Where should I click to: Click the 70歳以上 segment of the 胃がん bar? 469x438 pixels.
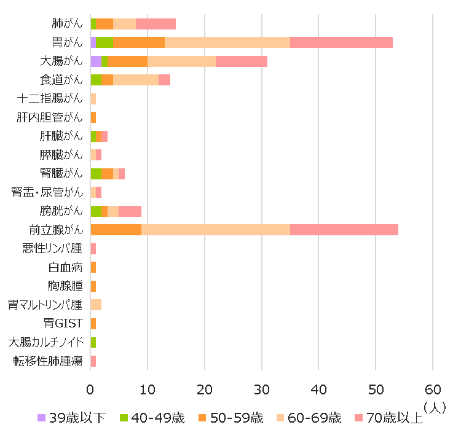point(341,42)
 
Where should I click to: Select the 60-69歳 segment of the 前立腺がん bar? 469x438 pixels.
point(216,230)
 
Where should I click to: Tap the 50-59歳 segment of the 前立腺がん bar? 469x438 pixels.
point(116,230)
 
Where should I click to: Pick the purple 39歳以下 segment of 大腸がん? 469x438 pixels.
point(95,61)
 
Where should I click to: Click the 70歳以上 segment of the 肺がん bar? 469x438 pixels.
point(156,24)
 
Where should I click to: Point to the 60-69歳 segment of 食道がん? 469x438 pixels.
point(136,80)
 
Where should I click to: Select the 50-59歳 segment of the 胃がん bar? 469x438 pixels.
point(139,42)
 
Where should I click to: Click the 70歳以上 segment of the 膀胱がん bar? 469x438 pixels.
point(130,211)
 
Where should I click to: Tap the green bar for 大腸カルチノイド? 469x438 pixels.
point(93,342)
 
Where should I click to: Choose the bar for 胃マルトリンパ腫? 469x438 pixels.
point(96,305)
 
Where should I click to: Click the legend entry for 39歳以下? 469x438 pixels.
point(71,418)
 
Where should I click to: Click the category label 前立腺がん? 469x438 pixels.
point(55,230)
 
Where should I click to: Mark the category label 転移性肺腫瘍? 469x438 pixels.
point(48,361)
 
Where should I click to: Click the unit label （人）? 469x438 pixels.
point(435,407)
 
